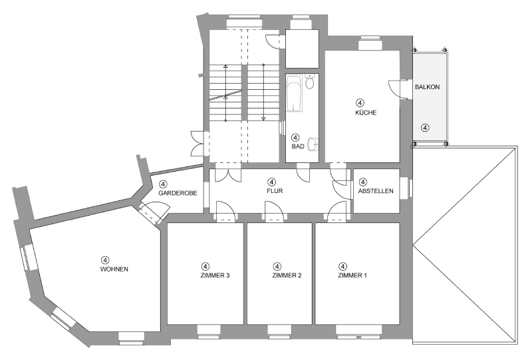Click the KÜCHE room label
click(x=365, y=113)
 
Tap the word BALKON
click(x=427, y=87)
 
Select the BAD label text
click(x=297, y=146)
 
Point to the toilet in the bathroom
click(x=310, y=83)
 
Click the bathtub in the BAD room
click(x=294, y=94)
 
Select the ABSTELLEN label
click(x=376, y=191)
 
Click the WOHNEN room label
click(x=114, y=269)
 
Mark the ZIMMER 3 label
click(x=214, y=275)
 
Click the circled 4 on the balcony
click(x=424, y=127)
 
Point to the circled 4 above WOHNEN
click(x=104, y=260)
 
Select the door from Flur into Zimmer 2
click(x=274, y=212)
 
